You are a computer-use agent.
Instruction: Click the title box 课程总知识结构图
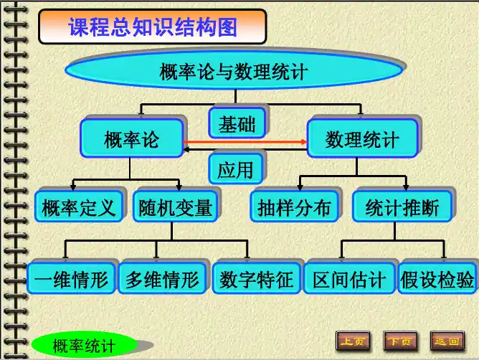152,27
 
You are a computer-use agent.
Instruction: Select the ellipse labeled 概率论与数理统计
234,71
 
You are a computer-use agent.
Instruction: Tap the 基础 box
237,124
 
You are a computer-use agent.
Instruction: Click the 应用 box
236,169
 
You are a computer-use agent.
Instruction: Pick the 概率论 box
131,138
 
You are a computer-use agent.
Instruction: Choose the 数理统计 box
361,138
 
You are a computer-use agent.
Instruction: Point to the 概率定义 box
79,208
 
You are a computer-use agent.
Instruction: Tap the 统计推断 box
402,208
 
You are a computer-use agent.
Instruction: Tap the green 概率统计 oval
84,346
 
